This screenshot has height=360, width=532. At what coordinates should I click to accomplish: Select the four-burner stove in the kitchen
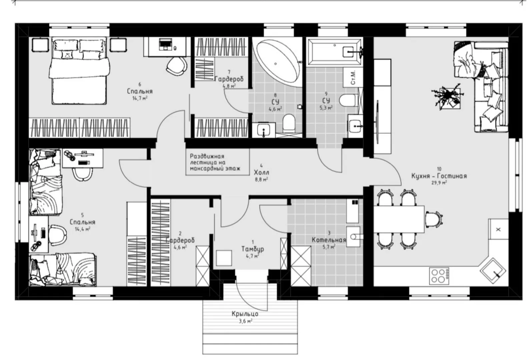(x=439, y=276)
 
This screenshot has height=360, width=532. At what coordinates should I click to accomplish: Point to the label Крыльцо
(x=245, y=314)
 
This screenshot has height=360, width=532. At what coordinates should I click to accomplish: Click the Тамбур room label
(x=252, y=249)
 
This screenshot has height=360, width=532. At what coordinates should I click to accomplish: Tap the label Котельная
(x=329, y=240)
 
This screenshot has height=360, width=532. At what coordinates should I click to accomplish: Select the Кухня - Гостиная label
(x=439, y=176)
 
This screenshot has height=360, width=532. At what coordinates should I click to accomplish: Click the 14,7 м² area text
(x=140, y=98)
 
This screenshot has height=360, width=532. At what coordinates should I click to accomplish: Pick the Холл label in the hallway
(x=261, y=172)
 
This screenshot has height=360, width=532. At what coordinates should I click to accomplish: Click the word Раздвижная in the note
(x=207, y=156)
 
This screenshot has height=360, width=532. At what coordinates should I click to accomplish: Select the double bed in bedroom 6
(x=79, y=71)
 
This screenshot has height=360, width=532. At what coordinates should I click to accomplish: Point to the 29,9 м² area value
(x=439, y=183)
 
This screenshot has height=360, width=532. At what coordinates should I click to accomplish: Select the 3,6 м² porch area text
(x=245, y=321)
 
